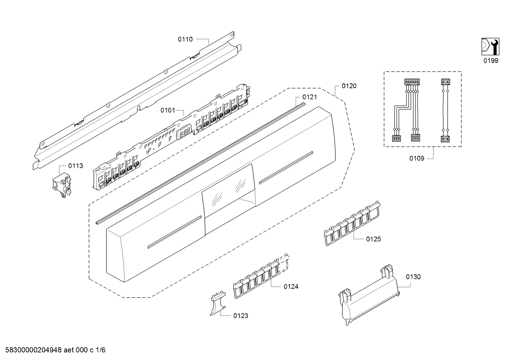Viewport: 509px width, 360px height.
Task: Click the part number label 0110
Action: [x=185, y=39]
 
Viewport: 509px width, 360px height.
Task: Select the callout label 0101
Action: [x=168, y=110]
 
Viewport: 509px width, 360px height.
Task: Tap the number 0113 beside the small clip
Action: [x=76, y=166]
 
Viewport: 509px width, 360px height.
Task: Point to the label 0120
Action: [x=349, y=86]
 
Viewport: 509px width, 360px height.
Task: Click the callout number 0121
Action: [x=310, y=97]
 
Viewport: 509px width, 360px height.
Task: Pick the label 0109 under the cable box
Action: [x=417, y=158]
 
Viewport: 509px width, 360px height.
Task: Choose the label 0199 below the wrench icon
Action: [x=491, y=60]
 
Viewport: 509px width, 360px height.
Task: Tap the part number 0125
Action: [x=373, y=239]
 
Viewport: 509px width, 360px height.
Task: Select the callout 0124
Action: [x=291, y=287]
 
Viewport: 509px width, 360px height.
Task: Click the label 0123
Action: [x=241, y=315]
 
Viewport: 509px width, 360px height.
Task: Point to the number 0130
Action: [x=413, y=277]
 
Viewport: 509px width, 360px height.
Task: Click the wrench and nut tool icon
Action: [x=490, y=46]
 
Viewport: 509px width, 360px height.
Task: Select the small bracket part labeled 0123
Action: [x=218, y=303]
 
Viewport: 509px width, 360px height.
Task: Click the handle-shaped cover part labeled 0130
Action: [x=369, y=296]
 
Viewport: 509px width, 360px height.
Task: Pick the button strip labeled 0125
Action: [x=352, y=224]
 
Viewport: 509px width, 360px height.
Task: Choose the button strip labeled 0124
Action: [x=261, y=276]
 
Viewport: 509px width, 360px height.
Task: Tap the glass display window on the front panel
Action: [x=228, y=190]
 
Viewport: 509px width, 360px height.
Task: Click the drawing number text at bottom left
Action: [x=55, y=350]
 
